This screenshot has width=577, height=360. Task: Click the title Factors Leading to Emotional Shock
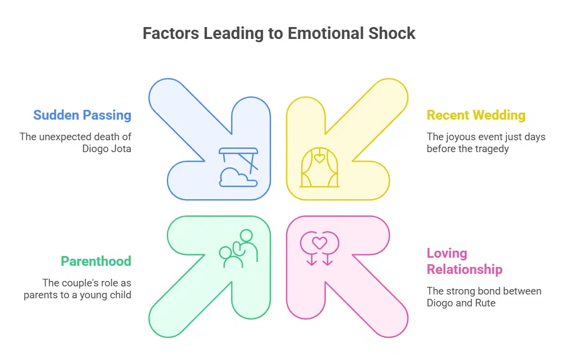pos(278,34)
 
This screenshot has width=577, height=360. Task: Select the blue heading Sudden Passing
pos(82,115)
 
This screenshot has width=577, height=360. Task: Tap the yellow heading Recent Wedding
pos(476,115)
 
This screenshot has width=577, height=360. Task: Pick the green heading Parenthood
pos(96,261)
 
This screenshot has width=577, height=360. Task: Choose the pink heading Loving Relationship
pos(464,261)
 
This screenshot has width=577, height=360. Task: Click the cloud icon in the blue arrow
pos(234,177)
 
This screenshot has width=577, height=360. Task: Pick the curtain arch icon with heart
pos(320,168)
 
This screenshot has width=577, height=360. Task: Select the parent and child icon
pos(238,249)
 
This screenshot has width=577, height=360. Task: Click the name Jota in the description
pos(120,148)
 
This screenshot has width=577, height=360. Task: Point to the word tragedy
pos(492,148)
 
